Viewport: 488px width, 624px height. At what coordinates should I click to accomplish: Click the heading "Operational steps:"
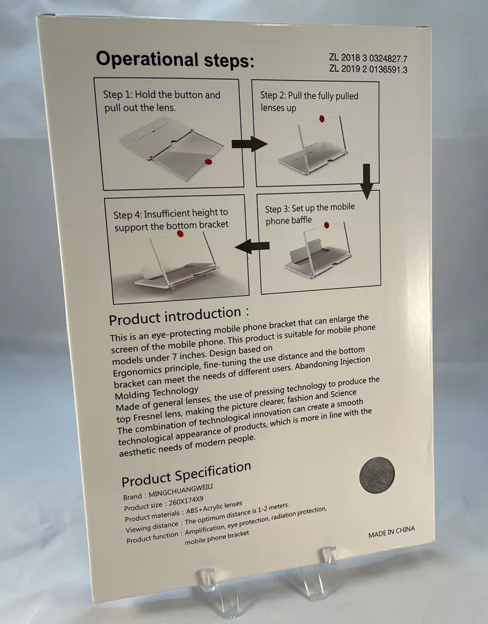point(175,60)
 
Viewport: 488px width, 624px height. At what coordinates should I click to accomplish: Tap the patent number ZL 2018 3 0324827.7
point(368,58)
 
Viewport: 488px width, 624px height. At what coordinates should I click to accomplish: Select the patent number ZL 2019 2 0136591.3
point(368,69)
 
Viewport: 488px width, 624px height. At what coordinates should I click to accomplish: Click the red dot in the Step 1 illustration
point(208,161)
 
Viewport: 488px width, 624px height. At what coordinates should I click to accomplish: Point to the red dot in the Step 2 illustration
point(322,118)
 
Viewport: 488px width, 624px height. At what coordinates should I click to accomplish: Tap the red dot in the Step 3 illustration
point(327,226)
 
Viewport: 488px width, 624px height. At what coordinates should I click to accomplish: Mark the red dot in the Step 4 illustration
point(180,233)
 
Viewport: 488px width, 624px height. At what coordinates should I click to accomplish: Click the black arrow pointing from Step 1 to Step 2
point(250,144)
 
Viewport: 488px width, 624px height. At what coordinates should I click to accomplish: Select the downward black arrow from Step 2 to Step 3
point(366,181)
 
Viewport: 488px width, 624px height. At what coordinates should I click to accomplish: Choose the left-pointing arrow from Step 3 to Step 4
point(252,246)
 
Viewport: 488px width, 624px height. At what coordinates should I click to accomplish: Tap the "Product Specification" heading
point(186,474)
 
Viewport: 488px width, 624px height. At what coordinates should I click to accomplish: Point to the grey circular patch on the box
point(377,475)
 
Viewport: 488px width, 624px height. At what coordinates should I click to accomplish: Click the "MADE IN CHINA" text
point(391,532)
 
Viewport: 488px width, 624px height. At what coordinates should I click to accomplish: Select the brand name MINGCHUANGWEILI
point(181,491)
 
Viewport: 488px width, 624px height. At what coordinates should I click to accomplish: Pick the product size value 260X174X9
point(186,501)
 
